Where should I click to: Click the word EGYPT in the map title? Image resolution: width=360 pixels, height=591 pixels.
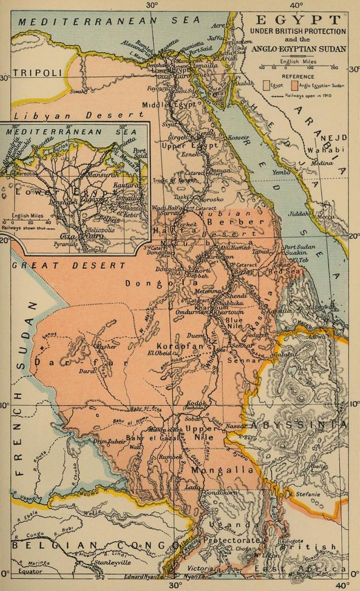point(298,20)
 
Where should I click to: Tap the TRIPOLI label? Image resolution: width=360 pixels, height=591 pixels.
point(38,73)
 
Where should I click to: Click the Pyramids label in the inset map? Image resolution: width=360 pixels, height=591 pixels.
point(66,244)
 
